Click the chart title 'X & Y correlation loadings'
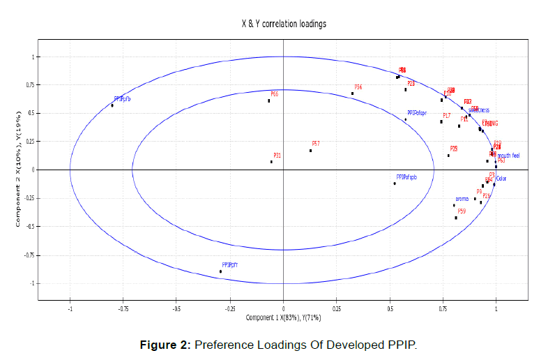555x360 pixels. pos(279,24)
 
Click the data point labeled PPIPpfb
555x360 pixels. pos(112,105)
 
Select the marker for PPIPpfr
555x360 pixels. pos(220,271)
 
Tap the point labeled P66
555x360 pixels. pos(268,100)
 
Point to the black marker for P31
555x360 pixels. pos(272,162)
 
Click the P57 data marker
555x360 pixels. pos(311,150)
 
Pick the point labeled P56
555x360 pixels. pos(352,93)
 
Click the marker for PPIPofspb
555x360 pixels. pos(394,183)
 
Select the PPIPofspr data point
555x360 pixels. pos(405,119)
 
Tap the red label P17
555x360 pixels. pos(446,115)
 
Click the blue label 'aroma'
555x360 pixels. pos(462,199)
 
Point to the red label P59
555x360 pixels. pos(462,211)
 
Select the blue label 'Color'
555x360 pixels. pos(501,179)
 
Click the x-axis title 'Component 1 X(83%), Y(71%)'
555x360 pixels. pos(283,317)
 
